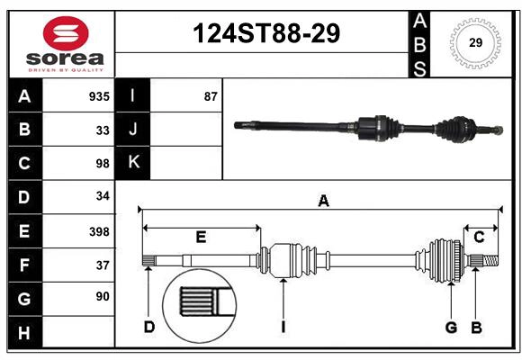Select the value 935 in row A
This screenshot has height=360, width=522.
[98, 96]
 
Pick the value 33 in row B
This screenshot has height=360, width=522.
[102, 130]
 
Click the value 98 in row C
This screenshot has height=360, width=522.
[102, 163]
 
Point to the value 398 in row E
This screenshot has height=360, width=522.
[98, 231]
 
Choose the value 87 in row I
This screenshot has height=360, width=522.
[211, 96]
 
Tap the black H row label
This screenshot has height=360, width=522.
[24, 333]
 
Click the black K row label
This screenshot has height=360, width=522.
[134, 163]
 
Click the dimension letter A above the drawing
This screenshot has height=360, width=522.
[322, 202]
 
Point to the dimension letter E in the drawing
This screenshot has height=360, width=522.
[201, 237]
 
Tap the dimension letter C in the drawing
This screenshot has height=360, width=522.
[479, 237]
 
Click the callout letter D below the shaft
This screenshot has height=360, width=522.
[149, 327]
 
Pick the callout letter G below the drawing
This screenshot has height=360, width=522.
[451, 327]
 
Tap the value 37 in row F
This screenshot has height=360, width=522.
[102, 265]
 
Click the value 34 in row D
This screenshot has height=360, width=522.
[102, 196]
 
